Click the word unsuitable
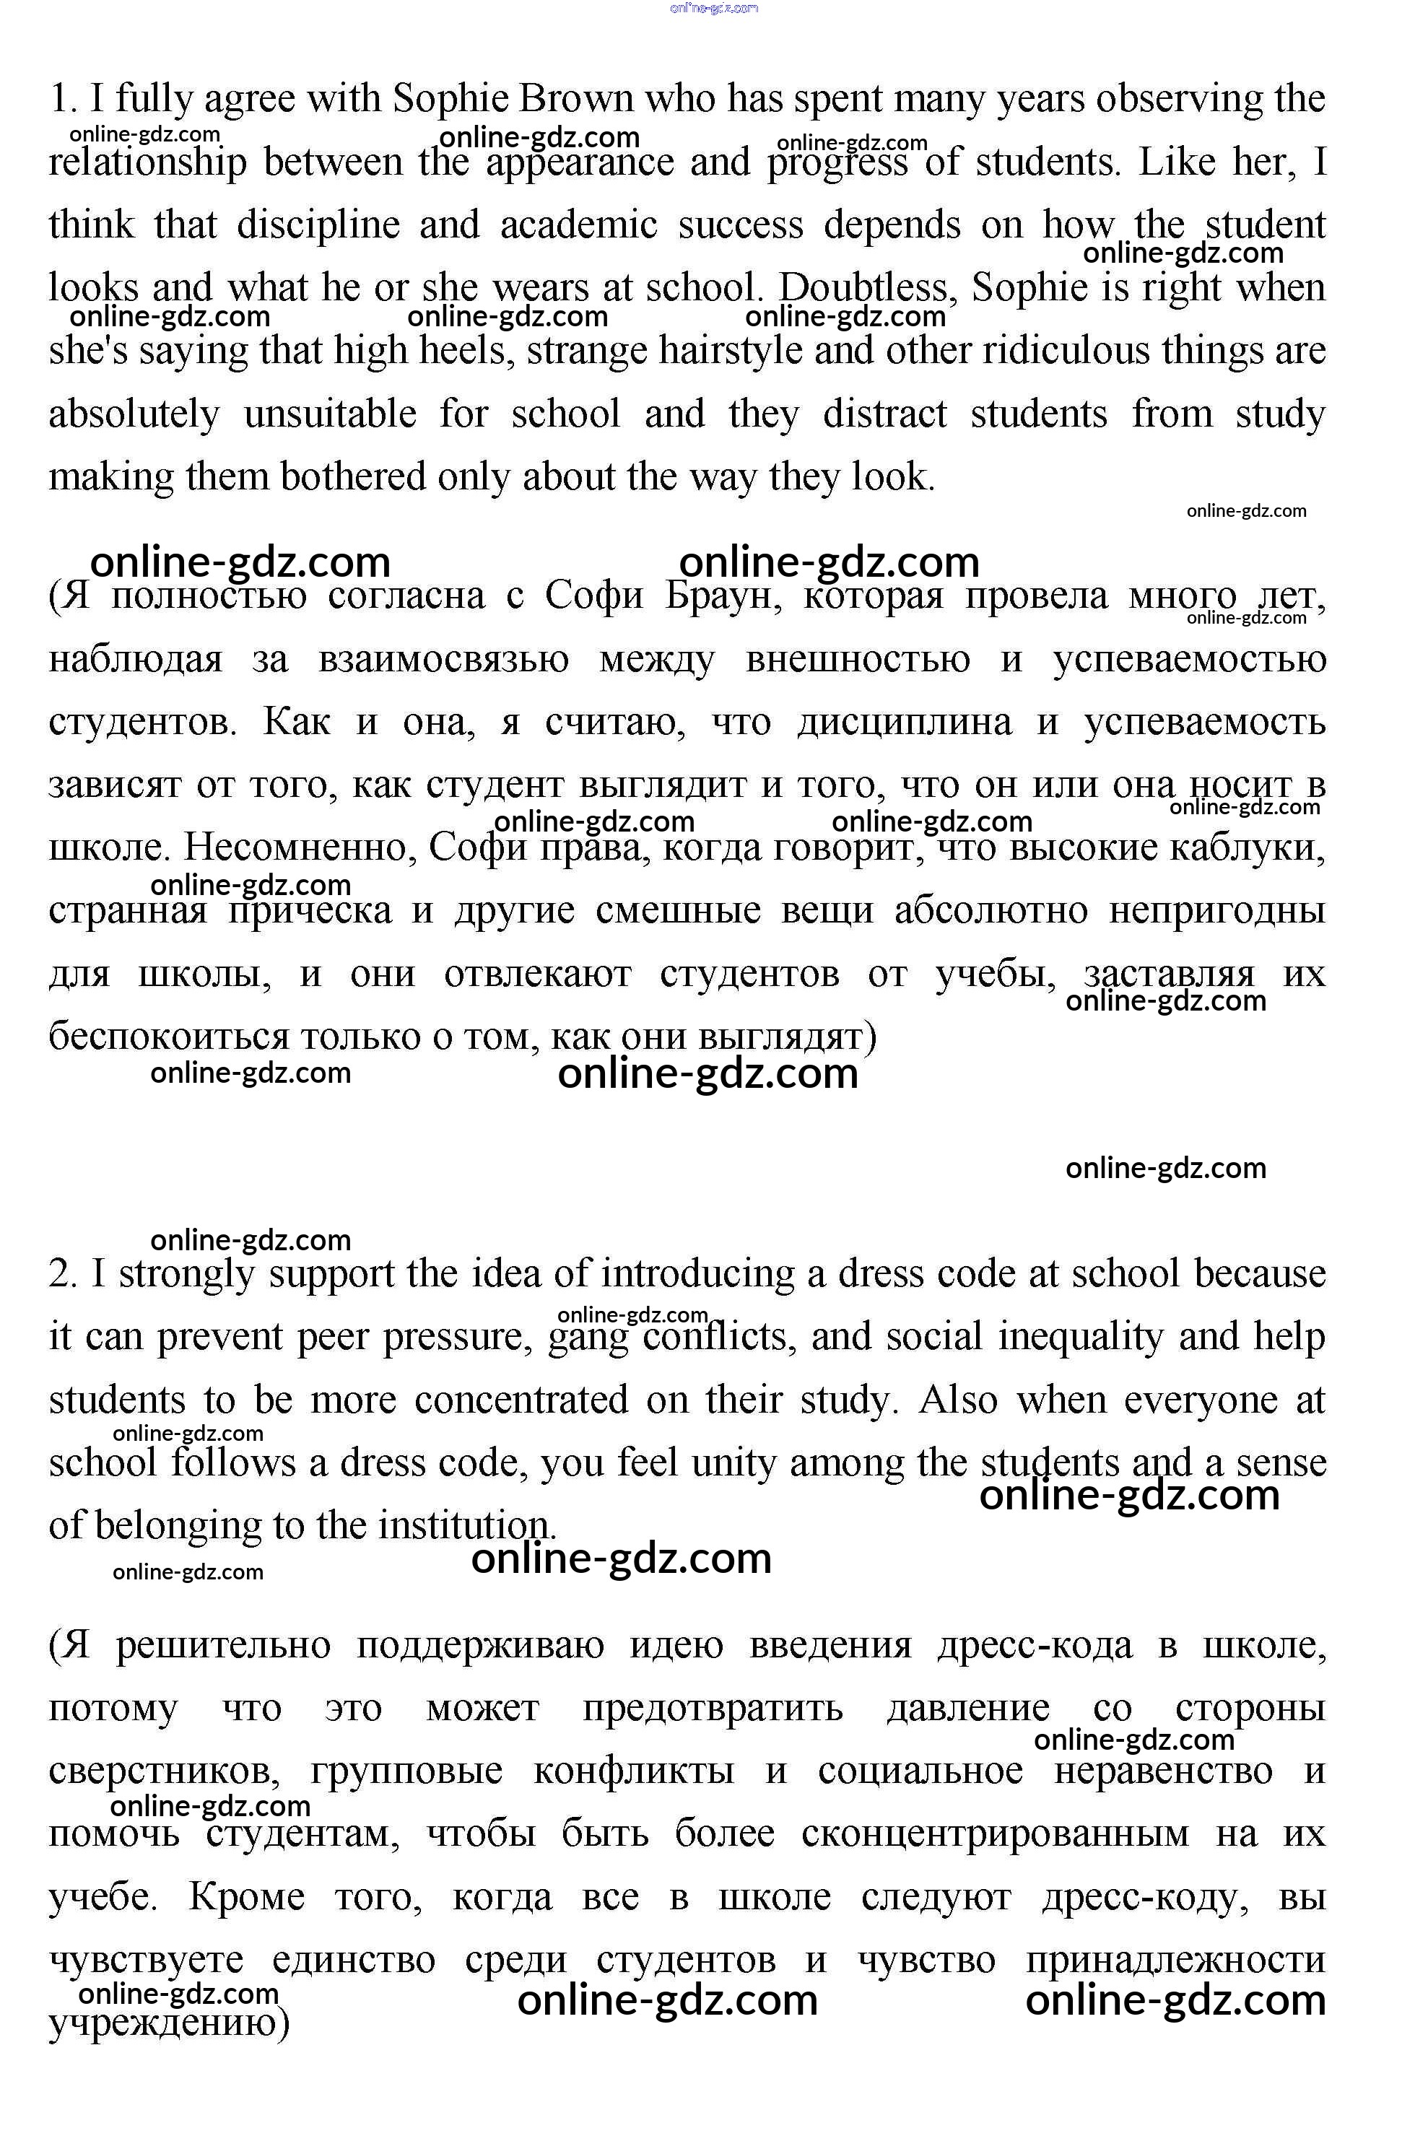pos(330,414)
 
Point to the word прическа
pos(310,910)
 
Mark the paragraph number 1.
pos(63,98)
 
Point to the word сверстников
pos(164,1771)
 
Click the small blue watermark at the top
pos(714,8)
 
